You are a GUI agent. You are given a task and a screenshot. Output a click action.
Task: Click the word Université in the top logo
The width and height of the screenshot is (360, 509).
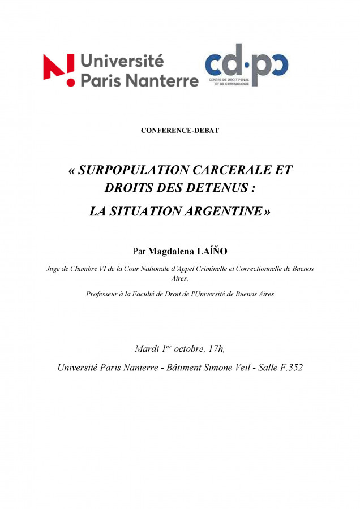[122, 60]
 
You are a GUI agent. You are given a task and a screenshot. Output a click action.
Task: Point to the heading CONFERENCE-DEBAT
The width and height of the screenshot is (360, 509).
[179, 131]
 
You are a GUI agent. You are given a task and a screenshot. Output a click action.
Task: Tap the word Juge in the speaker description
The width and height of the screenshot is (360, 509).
[55, 269]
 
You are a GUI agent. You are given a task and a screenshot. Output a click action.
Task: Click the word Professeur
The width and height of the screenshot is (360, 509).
[104, 294]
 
